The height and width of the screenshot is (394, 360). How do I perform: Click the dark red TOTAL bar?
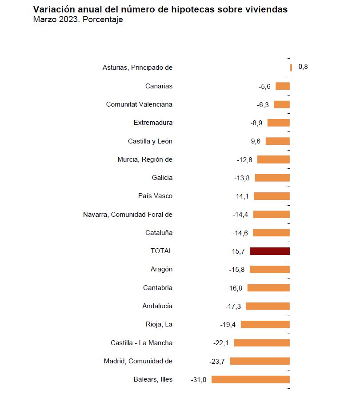270,251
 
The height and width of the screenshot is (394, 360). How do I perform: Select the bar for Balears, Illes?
251,379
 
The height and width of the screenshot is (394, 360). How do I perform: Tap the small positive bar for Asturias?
291,68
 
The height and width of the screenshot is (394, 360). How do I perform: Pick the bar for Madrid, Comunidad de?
260,361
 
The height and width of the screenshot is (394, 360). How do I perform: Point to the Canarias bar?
283,86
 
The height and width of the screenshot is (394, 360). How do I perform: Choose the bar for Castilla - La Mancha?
262,343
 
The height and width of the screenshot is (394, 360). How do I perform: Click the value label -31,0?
199,380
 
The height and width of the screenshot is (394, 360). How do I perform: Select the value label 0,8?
303,67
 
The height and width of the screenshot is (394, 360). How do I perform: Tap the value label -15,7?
237,251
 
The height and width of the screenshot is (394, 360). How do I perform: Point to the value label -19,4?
228,325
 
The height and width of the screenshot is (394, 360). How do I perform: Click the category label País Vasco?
155,196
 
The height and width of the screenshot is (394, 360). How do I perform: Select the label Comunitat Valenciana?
139,104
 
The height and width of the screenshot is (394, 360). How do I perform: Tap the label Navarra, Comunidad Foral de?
128,215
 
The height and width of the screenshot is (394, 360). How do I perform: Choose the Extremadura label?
153,123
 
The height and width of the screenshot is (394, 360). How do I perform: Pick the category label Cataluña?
159,233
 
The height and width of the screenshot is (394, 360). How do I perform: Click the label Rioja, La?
159,324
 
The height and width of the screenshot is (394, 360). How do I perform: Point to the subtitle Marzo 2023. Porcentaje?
78,20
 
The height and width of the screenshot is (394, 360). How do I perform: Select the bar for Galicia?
272,178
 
